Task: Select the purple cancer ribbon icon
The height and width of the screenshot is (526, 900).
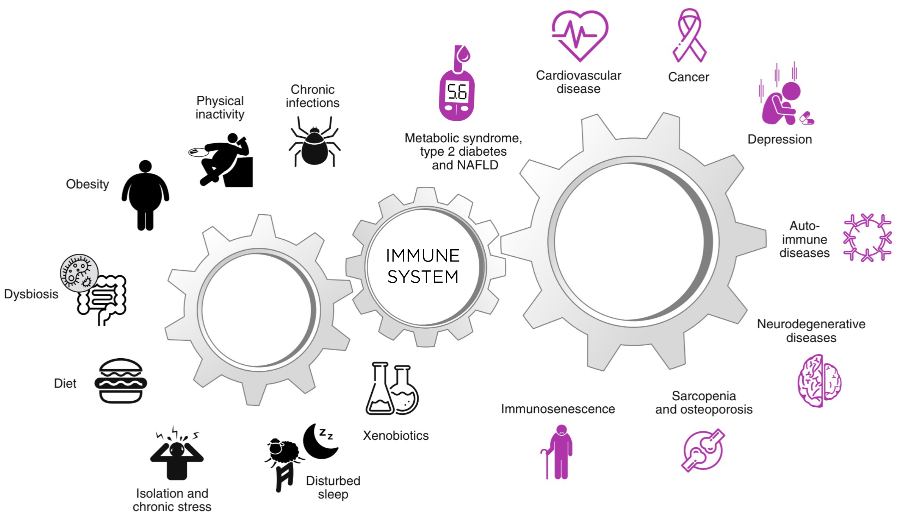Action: [689, 35]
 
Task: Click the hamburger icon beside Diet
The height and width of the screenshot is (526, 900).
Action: [121, 381]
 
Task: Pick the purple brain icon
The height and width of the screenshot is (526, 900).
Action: [819, 381]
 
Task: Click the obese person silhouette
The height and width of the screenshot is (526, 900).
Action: [145, 195]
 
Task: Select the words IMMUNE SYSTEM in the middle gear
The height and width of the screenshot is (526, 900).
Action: [423, 266]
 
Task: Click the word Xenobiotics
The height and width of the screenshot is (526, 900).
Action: [396, 436]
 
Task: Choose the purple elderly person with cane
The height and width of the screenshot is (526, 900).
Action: [558, 452]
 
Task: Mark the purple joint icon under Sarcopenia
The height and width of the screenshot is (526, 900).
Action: [702, 450]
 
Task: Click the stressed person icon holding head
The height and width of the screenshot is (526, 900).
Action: [177, 453]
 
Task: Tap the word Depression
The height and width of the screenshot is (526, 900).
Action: [780, 139]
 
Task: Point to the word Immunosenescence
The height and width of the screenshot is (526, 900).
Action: [558, 409]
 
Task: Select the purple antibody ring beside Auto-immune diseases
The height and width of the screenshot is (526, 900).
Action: [867, 238]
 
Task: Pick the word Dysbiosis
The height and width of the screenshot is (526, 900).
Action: [31, 294]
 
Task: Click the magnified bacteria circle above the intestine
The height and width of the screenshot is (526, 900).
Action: [79, 273]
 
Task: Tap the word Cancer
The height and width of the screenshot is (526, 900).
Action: [689, 77]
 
